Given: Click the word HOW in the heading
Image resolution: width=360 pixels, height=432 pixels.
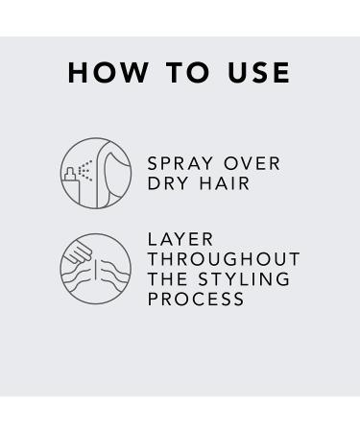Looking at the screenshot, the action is [x=108, y=73].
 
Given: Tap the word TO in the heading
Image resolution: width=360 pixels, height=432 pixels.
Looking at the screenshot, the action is [x=188, y=73].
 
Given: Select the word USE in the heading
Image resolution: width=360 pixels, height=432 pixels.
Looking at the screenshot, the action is [x=258, y=73].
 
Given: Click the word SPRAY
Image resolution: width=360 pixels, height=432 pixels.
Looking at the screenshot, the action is [x=180, y=163].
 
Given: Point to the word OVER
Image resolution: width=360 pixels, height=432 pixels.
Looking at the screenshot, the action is [x=252, y=163].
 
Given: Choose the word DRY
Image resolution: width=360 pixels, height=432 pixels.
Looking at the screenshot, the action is [x=168, y=183].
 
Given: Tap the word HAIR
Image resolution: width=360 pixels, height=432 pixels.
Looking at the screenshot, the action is [x=224, y=183].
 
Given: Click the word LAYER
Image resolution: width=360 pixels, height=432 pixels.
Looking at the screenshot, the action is [x=180, y=239].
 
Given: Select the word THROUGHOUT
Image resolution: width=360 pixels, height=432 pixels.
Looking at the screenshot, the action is [x=224, y=259].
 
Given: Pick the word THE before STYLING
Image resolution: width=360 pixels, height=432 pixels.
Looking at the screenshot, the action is [x=167, y=279].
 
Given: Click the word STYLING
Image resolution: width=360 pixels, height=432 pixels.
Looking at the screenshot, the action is [x=244, y=279].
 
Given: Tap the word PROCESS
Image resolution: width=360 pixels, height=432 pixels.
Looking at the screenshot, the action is [x=196, y=299].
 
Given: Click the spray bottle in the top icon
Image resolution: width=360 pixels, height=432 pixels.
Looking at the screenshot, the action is [x=72, y=185].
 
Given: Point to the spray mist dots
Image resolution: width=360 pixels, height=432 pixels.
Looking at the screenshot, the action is [x=85, y=170].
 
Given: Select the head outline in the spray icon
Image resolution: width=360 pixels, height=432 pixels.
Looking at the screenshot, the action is [x=113, y=173].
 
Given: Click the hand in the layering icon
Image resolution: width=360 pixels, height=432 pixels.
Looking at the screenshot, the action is [x=78, y=253].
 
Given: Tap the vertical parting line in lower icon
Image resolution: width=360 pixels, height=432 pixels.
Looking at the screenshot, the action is [x=96, y=268].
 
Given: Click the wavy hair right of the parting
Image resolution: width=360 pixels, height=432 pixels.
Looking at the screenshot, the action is [x=114, y=275].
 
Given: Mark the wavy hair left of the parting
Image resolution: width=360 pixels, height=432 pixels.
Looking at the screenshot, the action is [x=77, y=277].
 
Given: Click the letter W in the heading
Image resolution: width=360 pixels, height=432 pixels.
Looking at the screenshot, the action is [x=134, y=73].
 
